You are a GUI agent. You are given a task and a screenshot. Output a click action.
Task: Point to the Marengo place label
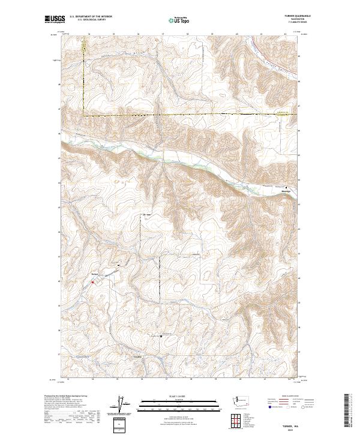coord(286,192)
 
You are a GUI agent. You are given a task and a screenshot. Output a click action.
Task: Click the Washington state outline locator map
coord(243,401)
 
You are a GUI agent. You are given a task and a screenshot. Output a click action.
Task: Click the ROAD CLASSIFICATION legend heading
coord(286,396)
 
